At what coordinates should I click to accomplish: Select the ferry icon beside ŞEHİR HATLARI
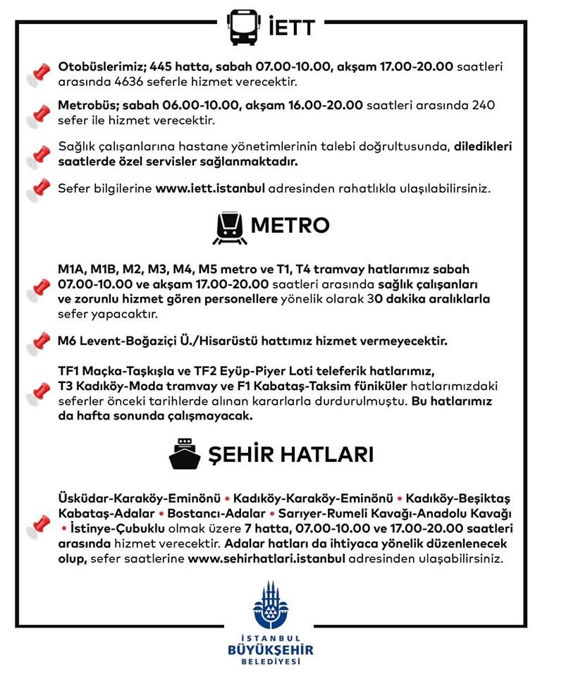[x=185, y=455]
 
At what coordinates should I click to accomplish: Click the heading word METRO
[x=290, y=226]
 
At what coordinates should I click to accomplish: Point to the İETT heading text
[x=291, y=29]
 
